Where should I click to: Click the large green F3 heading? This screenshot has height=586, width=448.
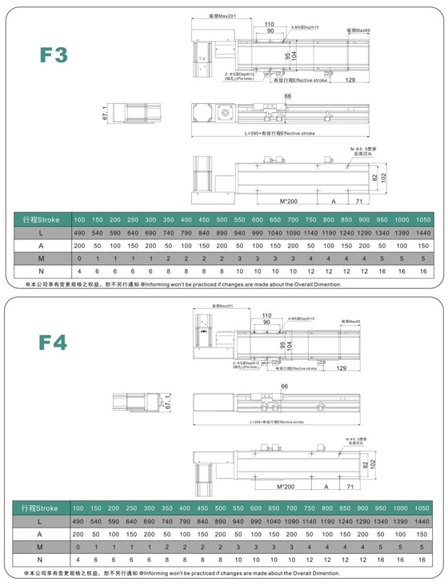pos(54,55)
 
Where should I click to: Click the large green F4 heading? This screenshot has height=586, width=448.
pos(54,343)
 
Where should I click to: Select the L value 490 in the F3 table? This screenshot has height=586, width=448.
pos(78,232)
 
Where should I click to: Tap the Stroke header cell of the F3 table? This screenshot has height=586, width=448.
pos(41,219)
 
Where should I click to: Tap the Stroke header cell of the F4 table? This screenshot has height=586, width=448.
pos(41,509)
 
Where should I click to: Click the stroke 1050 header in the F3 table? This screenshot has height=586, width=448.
pos(423,219)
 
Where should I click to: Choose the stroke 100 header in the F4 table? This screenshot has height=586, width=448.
pos(78,509)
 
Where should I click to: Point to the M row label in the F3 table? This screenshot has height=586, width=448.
pos(41,259)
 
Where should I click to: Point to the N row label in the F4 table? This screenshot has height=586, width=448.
pos(41,561)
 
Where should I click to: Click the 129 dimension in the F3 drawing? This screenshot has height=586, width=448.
pos(350,81)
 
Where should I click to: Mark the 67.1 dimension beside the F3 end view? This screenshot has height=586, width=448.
pos(105,114)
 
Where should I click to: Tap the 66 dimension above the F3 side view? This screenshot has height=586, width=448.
pos(287,96)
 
